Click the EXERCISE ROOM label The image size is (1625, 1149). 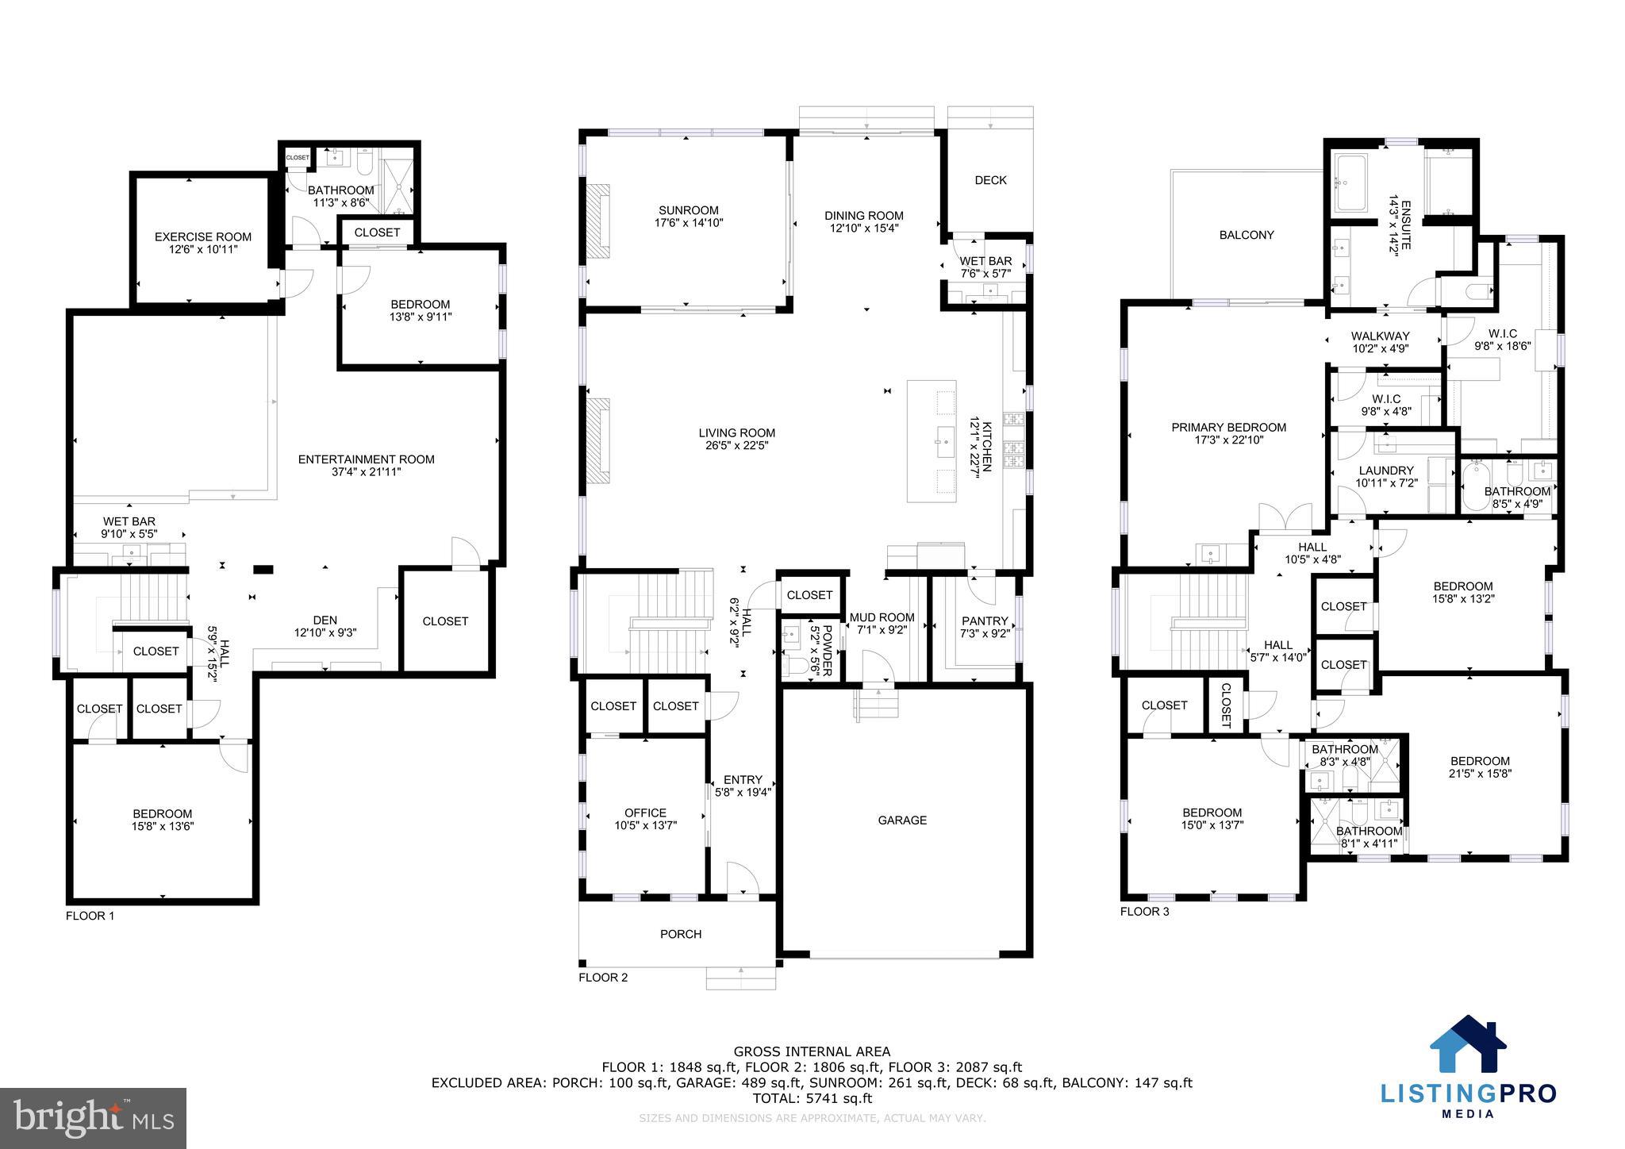click(x=202, y=236)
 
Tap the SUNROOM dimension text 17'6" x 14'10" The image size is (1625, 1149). click(x=688, y=223)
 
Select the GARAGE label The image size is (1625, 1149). click(x=902, y=820)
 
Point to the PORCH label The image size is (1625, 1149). click(x=680, y=934)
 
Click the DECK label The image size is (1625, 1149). click(x=990, y=180)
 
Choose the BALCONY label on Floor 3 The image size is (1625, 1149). click(x=1246, y=235)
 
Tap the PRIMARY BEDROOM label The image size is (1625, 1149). click(x=1228, y=427)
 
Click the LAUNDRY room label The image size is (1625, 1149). click(x=1385, y=470)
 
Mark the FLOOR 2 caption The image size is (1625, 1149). click(x=603, y=977)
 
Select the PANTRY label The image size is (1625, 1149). click(x=984, y=621)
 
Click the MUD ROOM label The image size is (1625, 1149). click(x=882, y=617)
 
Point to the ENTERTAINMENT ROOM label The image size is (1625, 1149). click(x=366, y=459)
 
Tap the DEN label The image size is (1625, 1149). click(x=325, y=620)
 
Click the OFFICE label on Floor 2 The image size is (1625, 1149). click(x=645, y=813)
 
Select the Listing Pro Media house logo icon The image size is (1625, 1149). click(x=1467, y=1044)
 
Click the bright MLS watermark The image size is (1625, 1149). click(x=93, y=1118)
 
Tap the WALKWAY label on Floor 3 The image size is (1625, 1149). click(x=1380, y=336)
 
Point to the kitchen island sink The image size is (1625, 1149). click(x=945, y=437)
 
